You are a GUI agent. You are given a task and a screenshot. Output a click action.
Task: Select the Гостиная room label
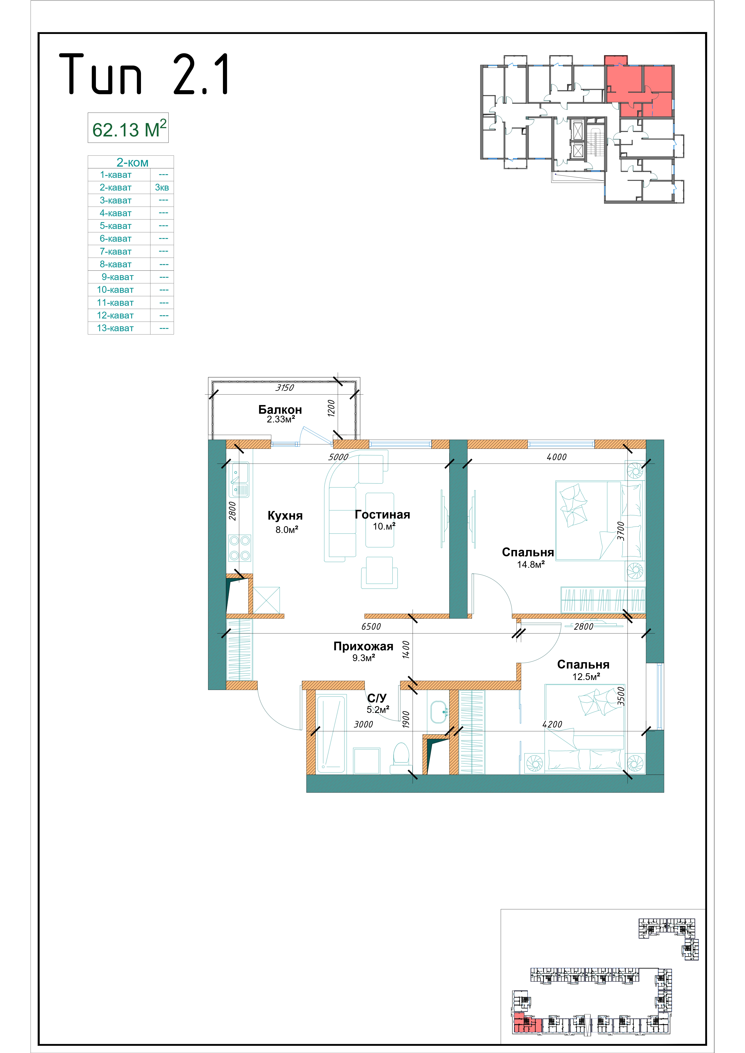pyautogui.click(x=382, y=515)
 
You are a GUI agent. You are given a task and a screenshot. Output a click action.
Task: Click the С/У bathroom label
pyautogui.click(x=377, y=698)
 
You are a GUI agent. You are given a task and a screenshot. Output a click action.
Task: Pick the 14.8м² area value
pyautogui.click(x=531, y=565)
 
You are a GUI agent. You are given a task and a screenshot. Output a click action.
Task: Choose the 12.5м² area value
pyautogui.click(x=586, y=676)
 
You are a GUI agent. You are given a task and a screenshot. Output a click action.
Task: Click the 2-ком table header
pyautogui.click(x=132, y=162)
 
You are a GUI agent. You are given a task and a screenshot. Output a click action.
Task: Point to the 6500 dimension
pyautogui.click(x=371, y=627)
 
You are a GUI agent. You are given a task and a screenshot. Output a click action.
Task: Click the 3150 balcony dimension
pyautogui.click(x=284, y=388)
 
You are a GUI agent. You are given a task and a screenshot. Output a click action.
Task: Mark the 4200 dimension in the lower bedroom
pyautogui.click(x=552, y=725)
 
